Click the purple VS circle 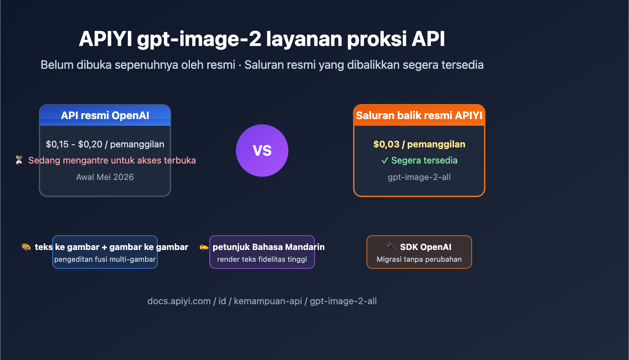pos(262,151)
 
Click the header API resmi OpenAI pos(105,116)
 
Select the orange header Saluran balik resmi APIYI pos(419,116)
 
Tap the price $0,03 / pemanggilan pos(419,144)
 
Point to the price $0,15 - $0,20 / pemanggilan pos(105,144)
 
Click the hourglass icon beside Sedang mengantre pos(19,160)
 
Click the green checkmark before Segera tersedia pos(384,160)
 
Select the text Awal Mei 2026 pos(105,177)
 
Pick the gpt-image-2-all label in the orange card pos(419,177)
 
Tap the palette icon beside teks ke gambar pos(26,247)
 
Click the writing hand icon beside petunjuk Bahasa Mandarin pos(204,247)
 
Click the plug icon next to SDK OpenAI pos(391,246)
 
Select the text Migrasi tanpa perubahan pos(419,259)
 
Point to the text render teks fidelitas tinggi pos(262,259)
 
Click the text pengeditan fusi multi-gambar pos(105,259)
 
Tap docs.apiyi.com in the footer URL pos(179,301)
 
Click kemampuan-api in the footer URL pos(268,301)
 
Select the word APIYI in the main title pos(105,39)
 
